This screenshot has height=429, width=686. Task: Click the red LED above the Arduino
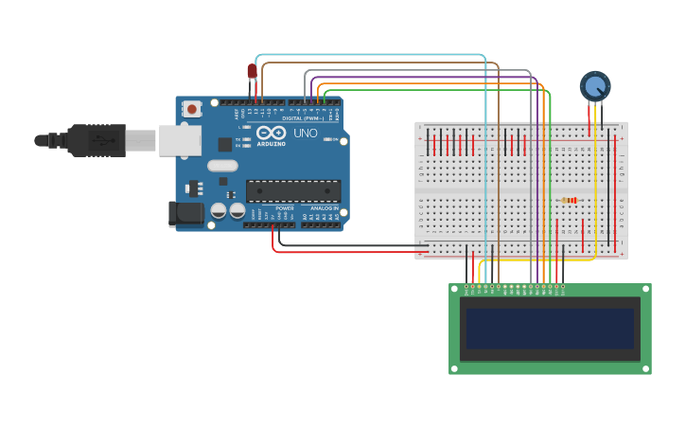coord(252,71)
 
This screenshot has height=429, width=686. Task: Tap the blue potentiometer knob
coord(594,86)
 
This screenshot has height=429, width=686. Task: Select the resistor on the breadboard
coord(569,200)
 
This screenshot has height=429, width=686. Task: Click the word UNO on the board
coord(306,134)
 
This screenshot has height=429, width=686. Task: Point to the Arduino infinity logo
coord(271,134)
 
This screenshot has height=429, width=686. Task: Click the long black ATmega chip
coord(292,190)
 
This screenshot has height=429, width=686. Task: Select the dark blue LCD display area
coord(549,328)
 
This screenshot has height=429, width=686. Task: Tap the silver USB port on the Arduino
coord(179,141)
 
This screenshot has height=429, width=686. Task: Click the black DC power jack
coord(185,213)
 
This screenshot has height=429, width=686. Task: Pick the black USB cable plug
coord(95,140)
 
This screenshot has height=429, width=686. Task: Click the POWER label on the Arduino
coord(285,207)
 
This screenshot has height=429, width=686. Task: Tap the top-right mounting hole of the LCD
coord(645,290)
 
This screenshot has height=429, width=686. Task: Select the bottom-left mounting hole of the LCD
coord(455,368)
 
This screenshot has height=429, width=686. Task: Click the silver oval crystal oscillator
coord(222,166)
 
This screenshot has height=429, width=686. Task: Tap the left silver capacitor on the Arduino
coord(219,210)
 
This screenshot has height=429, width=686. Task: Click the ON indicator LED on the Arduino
coord(327,139)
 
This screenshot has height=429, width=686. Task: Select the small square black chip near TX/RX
coord(225,144)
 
